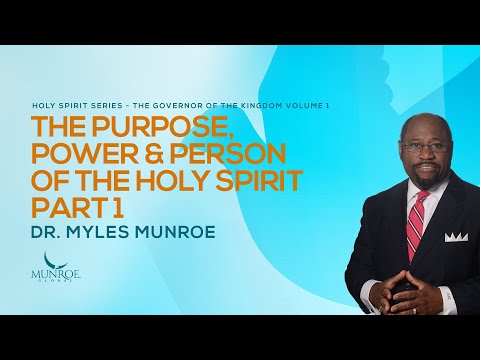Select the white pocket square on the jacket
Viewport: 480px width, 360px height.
click(456, 236)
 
